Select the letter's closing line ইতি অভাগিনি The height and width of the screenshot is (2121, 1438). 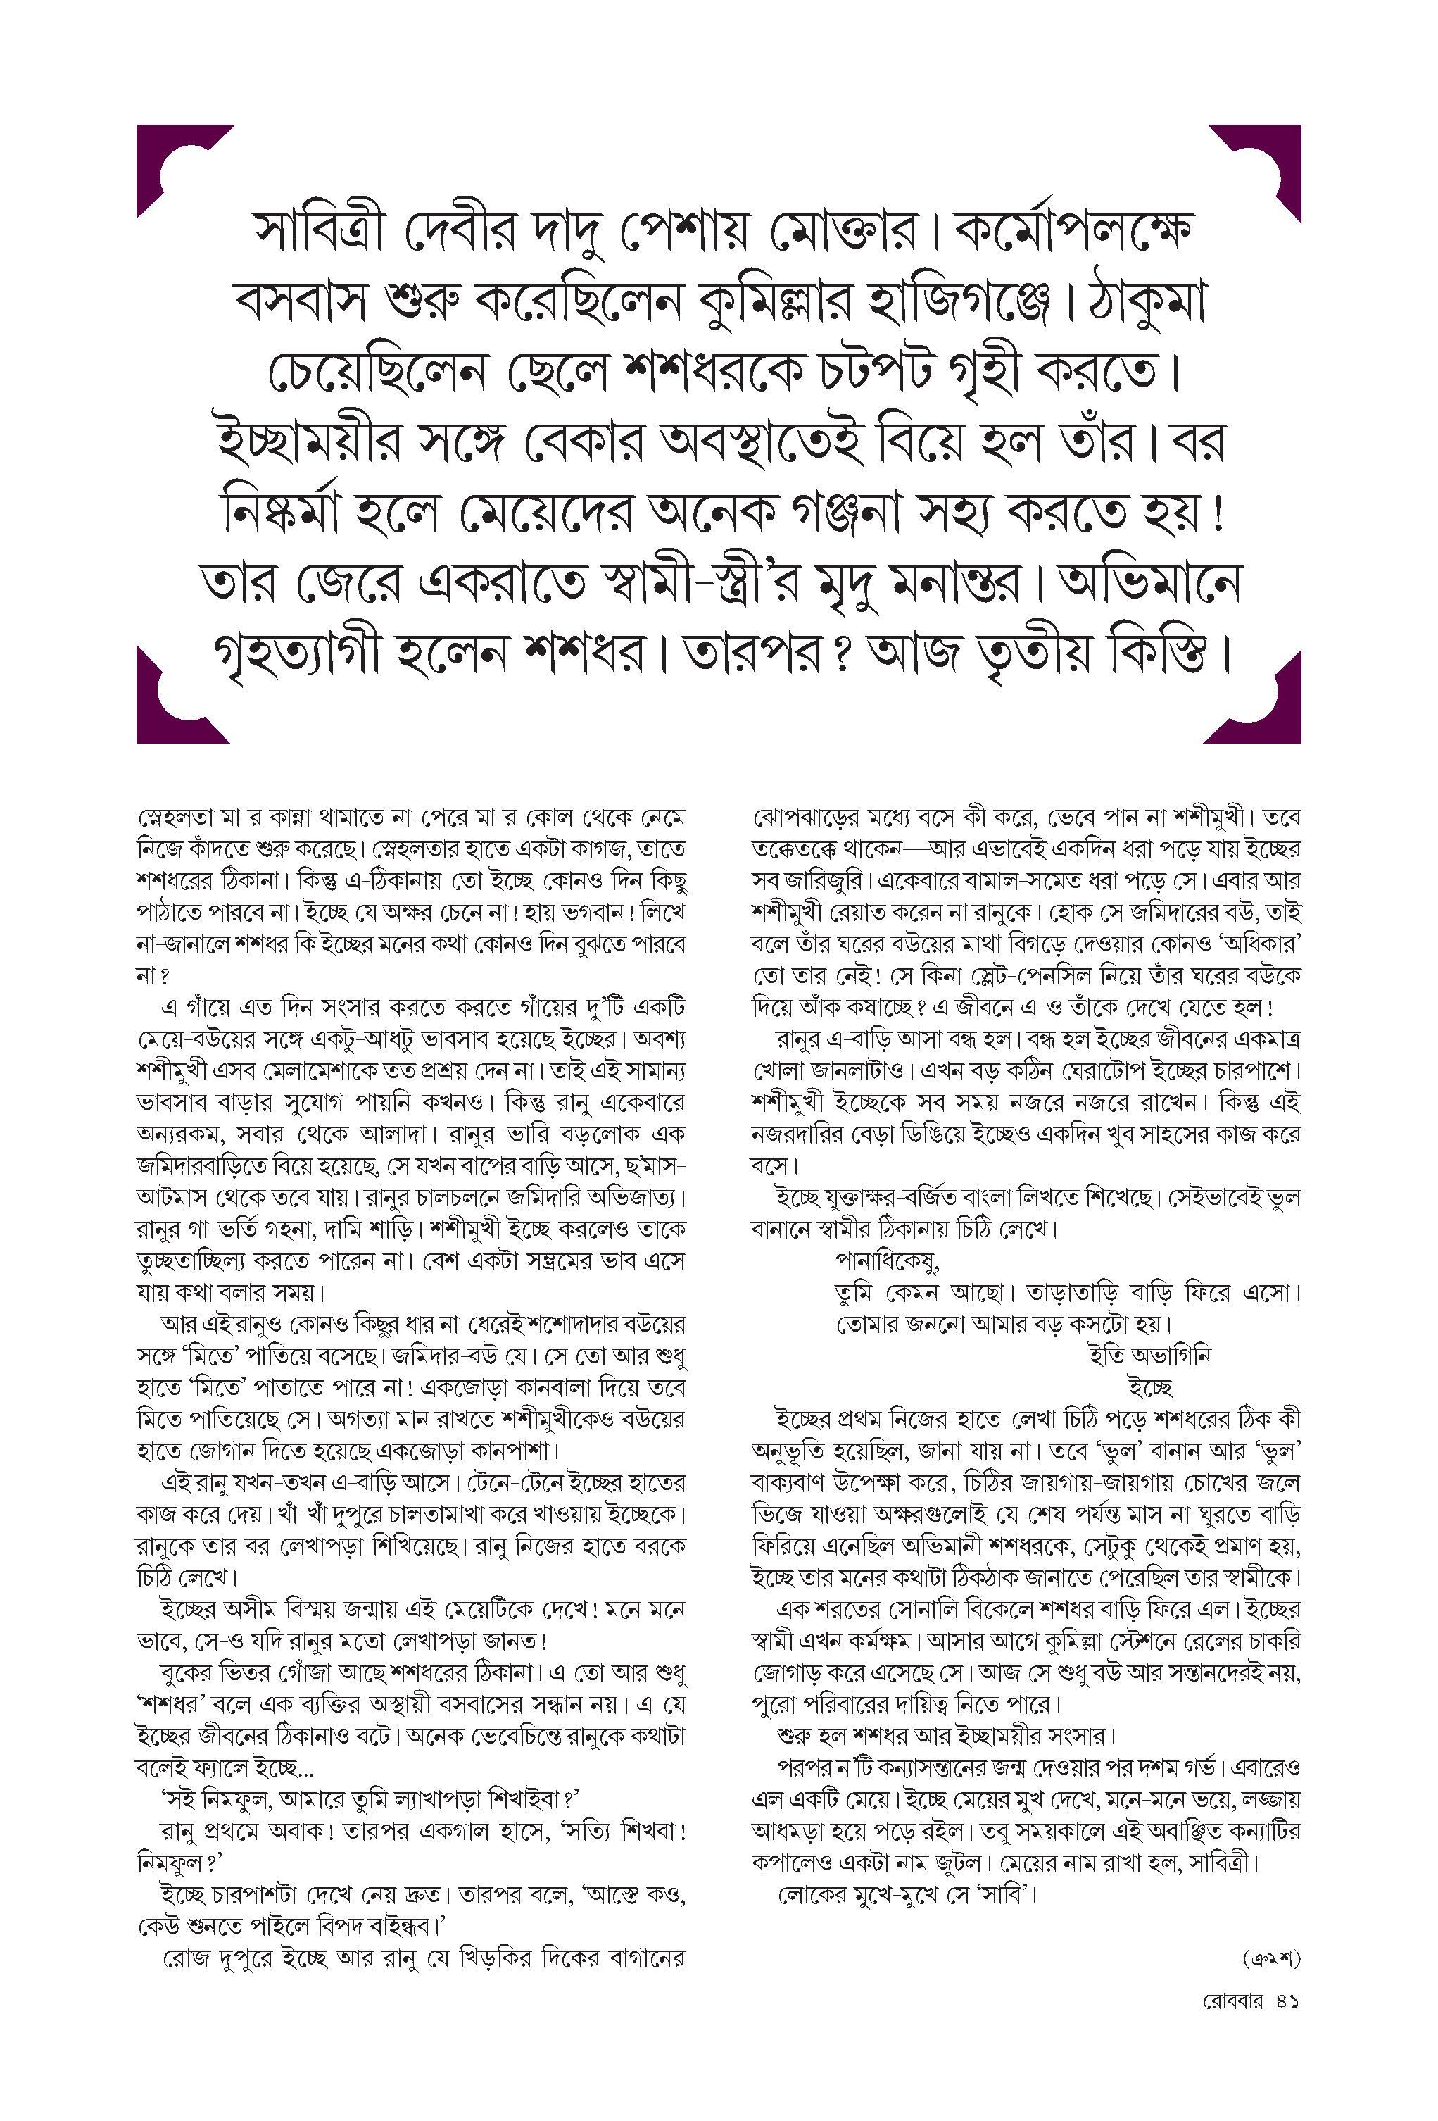(x=1149, y=1356)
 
